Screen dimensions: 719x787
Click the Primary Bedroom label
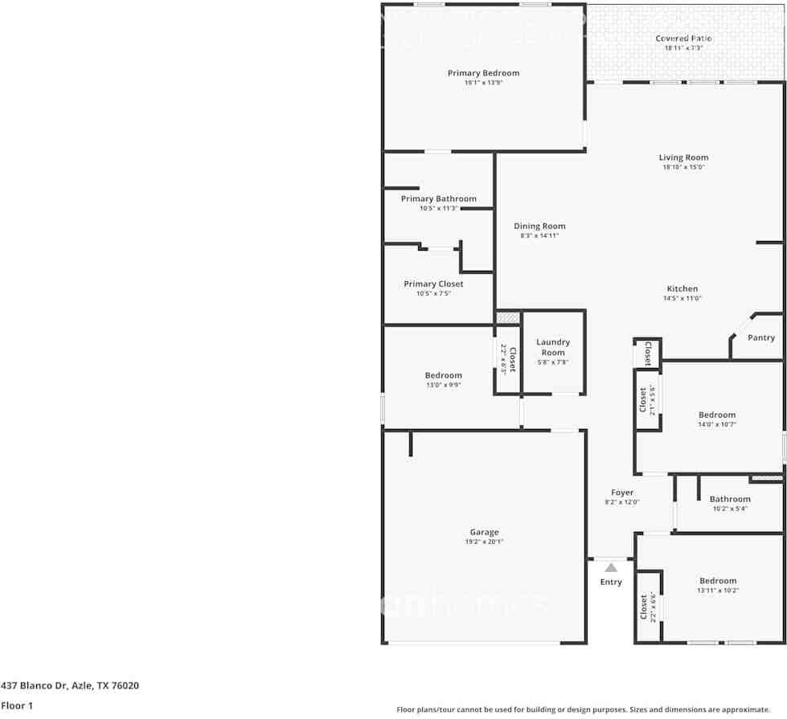coord(483,73)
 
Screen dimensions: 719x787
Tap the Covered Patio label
coord(683,38)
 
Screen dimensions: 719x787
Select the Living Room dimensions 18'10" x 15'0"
coord(683,168)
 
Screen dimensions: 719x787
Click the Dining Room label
coord(539,227)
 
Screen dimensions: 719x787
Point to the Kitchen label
coord(682,289)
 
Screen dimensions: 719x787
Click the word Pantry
coord(761,338)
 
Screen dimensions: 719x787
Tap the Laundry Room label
coord(553,347)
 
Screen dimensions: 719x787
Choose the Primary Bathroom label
coord(439,199)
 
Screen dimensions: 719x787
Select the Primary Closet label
coord(433,284)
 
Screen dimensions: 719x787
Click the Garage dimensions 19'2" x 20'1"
coord(484,542)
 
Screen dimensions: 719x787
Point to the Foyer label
coord(622,492)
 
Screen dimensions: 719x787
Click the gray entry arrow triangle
coord(611,568)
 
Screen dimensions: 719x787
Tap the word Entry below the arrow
coord(611,582)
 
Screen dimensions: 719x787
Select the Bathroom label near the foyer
coord(730,499)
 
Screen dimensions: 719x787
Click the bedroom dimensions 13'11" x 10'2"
coord(718,590)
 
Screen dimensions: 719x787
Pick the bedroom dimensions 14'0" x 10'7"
coord(717,425)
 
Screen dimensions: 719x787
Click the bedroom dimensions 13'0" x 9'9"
coord(444,385)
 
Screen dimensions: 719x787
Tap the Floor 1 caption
coord(16,706)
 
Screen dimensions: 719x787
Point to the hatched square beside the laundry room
coord(508,318)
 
